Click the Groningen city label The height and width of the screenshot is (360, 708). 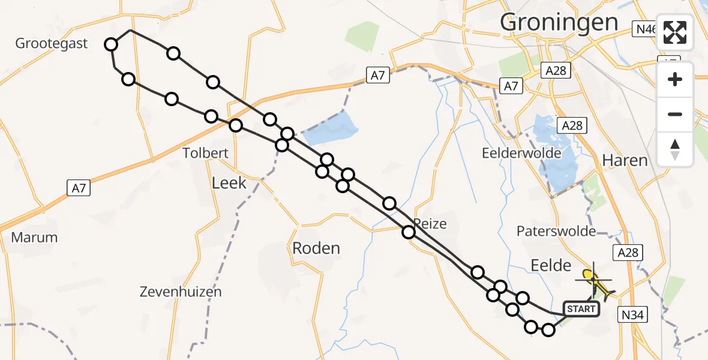pos(559,23)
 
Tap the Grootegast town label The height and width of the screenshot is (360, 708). pos(52,43)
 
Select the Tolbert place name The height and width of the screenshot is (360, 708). pos(206,153)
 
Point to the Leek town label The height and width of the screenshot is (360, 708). pos(229,182)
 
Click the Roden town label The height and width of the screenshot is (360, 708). pos(316,248)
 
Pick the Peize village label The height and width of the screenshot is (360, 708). pos(430,224)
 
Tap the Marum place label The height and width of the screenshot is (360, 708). pos(34,237)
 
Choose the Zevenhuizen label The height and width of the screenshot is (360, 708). pos(181,292)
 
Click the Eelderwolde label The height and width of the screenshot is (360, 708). pos(521,153)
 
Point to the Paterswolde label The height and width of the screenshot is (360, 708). pos(556,231)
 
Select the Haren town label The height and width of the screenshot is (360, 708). pos(625,160)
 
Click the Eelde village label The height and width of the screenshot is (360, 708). pos(546,264)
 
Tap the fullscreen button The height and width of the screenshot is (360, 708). pos(675,32)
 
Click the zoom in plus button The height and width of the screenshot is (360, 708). pos(675,79)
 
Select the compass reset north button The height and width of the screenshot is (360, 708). pos(675,149)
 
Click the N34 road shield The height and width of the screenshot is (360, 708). pos(634,314)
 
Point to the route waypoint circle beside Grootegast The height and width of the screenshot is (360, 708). pos(111,44)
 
